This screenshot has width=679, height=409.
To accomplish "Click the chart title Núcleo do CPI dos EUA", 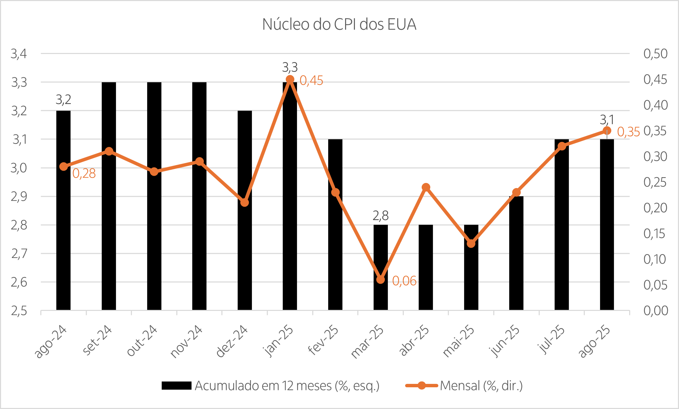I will tap(339, 24).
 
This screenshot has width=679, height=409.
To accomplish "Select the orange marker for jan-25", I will tap(290, 79).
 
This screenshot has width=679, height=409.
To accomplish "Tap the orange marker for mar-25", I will tap(380, 279).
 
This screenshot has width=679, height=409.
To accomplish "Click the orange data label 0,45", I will tap(311, 81).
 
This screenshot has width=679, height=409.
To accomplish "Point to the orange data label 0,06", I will tap(404, 281).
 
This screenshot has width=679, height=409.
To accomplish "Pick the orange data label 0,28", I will tap(84, 174).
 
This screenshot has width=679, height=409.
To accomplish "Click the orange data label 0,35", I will tap(628, 132).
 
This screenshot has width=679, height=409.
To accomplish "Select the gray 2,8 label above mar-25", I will tap(380, 216).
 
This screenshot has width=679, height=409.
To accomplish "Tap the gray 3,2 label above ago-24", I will tap(63, 100).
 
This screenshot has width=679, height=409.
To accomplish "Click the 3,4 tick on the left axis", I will tap(19, 54).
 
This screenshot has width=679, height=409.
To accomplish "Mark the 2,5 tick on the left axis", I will tap(19, 311).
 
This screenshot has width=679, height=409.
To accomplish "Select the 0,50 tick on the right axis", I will tap(655, 54).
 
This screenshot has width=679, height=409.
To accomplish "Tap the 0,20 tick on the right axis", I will tap(655, 208).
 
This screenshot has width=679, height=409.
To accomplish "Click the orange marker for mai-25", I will tap(471, 243).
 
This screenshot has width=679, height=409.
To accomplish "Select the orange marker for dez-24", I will tap(244, 202).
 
